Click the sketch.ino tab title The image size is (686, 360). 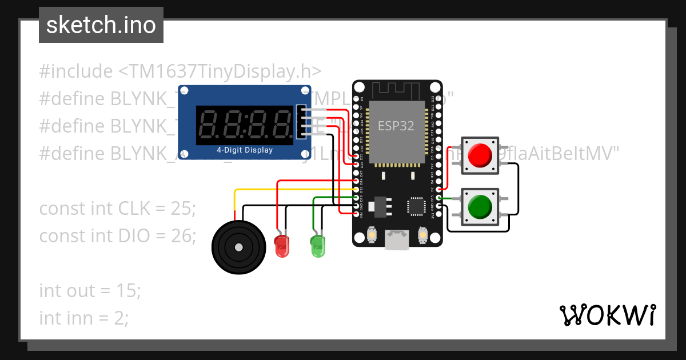pyautogui.click(x=101, y=25)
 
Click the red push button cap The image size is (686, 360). pyautogui.click(x=480, y=154)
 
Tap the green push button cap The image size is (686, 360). pyautogui.click(x=480, y=206)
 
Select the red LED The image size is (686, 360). pyautogui.click(x=282, y=245)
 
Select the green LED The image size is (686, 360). pyautogui.click(x=318, y=245)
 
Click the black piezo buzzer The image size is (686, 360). pyautogui.click(x=238, y=247)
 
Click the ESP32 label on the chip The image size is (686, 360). pyautogui.click(x=396, y=126)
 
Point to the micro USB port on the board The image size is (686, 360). pyautogui.click(x=397, y=239)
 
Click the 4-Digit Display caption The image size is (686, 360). pyautogui.click(x=244, y=150)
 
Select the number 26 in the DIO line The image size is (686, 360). pyautogui.click(x=183, y=235)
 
